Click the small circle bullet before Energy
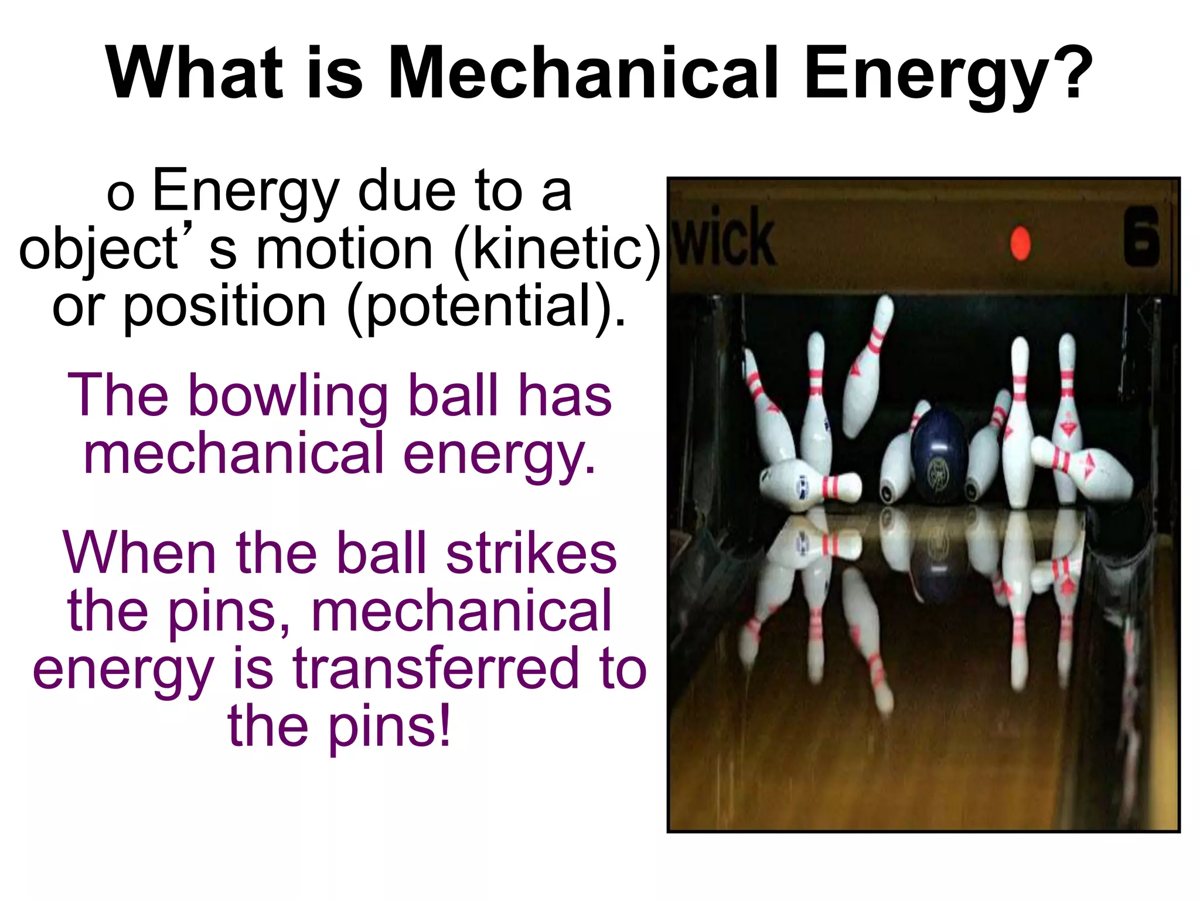coord(121,196)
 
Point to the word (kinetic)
coord(557,250)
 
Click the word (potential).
coord(486,307)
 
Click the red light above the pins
coord(1020,243)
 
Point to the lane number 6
coord(1141,237)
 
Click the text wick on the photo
coord(724,238)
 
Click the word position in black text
coord(224,307)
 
